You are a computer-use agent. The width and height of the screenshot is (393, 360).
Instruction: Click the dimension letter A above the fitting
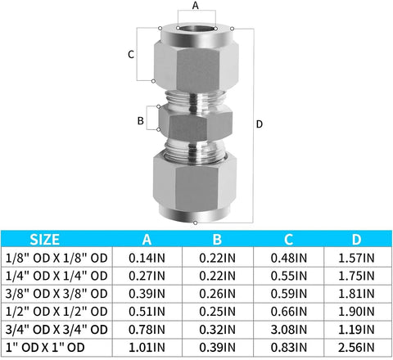click(194, 6)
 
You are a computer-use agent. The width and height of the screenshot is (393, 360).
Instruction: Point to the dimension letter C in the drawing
click(131, 54)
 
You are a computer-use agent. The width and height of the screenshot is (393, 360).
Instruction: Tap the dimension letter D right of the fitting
click(260, 124)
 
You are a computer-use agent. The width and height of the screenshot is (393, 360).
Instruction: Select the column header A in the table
click(147, 240)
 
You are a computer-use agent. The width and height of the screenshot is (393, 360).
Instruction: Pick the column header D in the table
click(356, 240)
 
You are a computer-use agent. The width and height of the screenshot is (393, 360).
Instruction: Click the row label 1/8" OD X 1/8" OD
click(56, 258)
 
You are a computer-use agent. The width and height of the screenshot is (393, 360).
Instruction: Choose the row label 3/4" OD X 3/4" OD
click(56, 330)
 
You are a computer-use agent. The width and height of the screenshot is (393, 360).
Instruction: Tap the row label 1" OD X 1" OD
click(56, 348)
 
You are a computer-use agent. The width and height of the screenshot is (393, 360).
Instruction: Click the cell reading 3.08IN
click(290, 330)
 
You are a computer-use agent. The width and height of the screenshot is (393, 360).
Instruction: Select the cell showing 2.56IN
click(356, 348)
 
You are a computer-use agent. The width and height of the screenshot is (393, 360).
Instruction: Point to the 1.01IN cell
click(147, 348)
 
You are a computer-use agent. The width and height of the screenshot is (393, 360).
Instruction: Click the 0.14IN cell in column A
click(147, 258)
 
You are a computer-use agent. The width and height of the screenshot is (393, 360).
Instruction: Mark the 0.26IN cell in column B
click(217, 294)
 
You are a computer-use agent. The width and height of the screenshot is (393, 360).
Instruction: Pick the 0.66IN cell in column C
click(290, 312)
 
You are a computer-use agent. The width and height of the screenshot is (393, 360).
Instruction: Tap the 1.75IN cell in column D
click(356, 276)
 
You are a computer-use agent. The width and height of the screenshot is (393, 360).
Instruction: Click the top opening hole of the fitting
click(194, 31)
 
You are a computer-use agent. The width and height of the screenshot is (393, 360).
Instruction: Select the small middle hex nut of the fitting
click(194, 126)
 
